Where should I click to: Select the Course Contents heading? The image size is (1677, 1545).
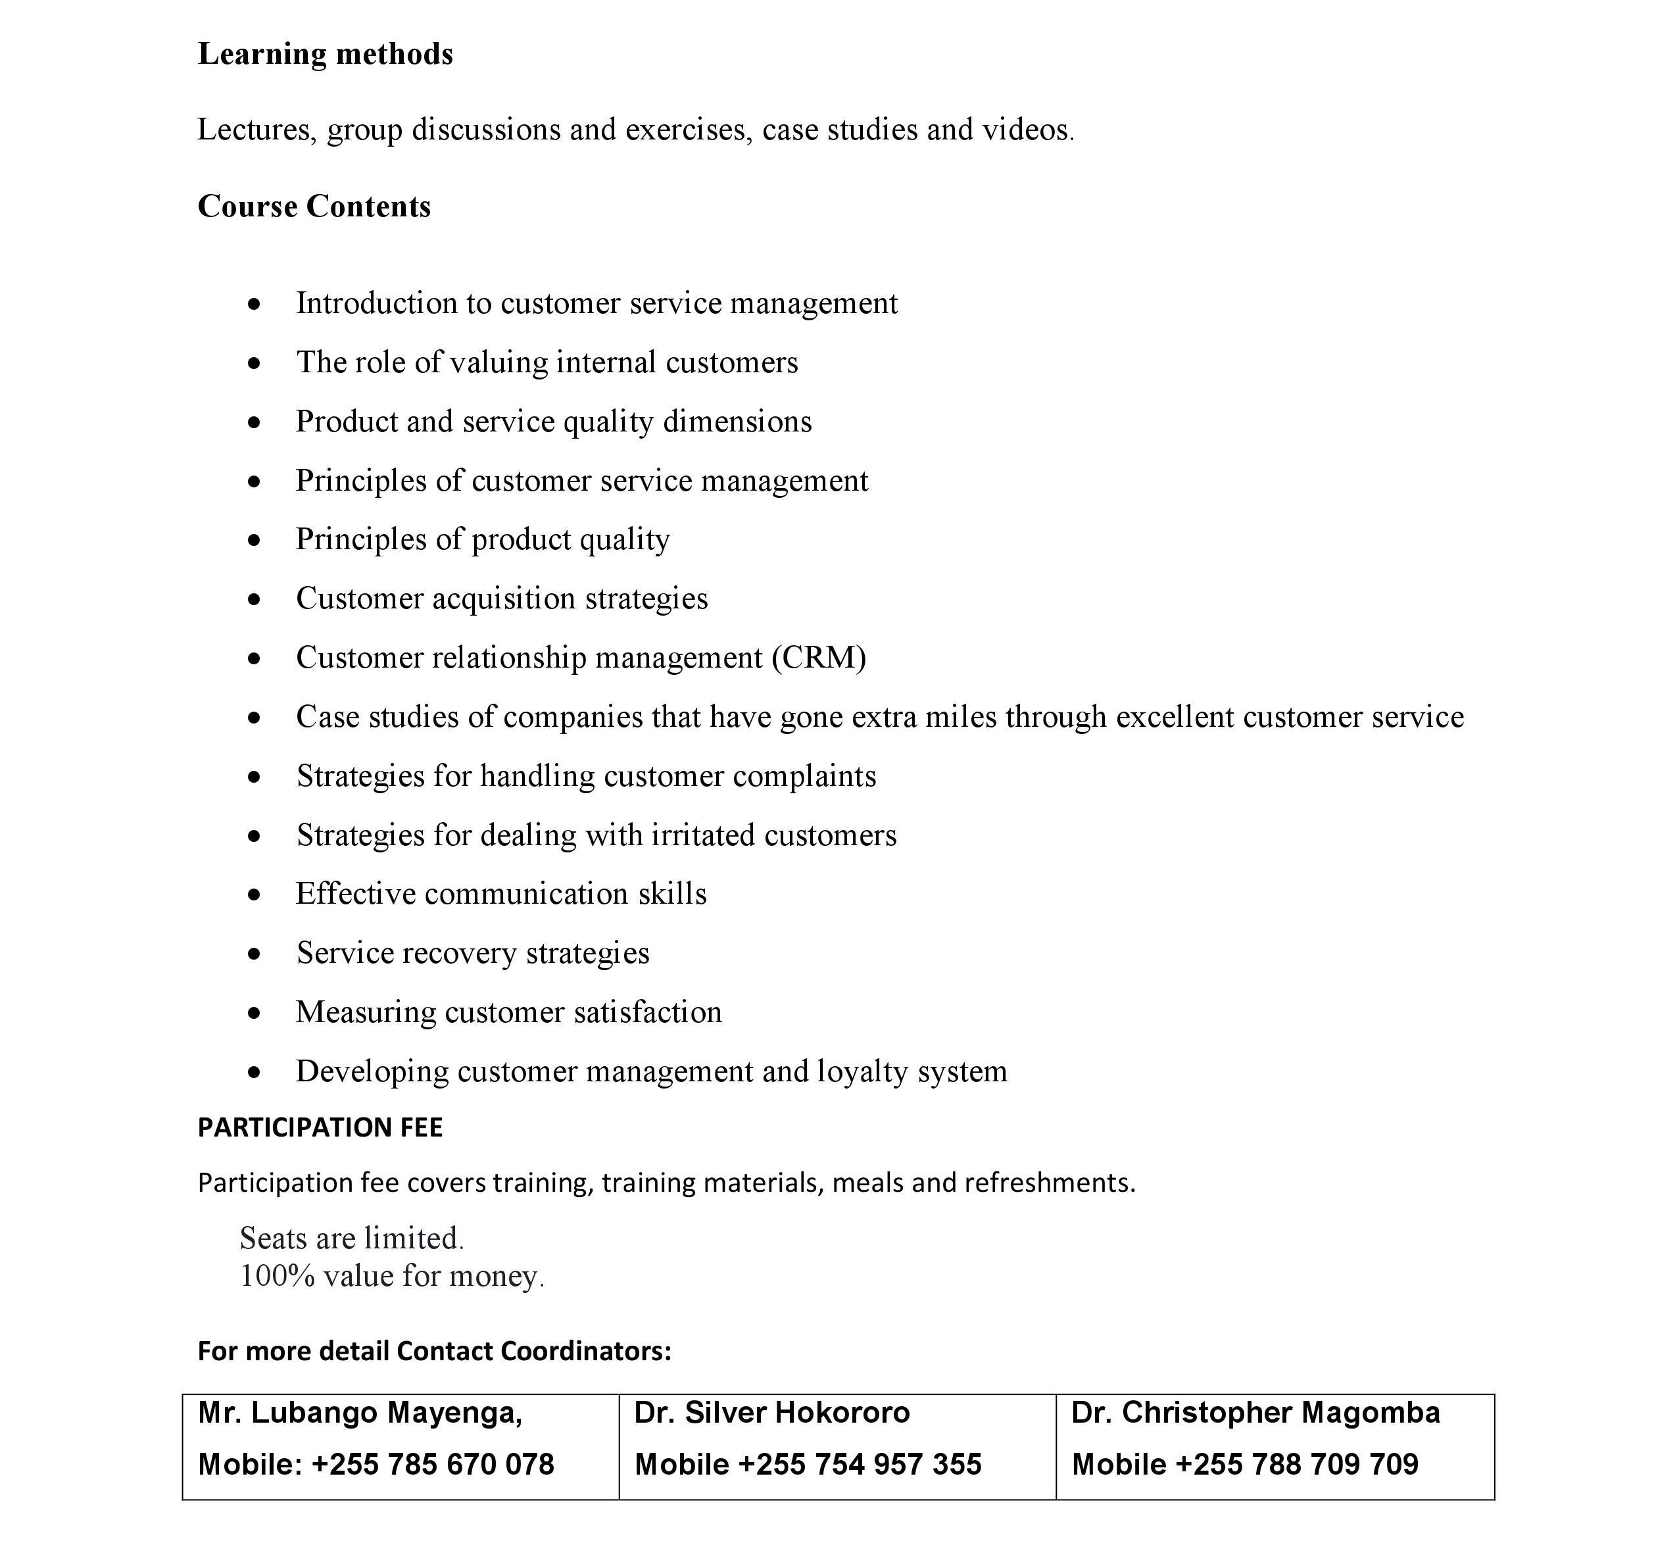(x=314, y=207)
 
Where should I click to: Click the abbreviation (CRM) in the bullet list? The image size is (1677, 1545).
(x=818, y=658)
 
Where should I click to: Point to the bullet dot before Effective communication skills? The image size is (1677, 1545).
(x=254, y=895)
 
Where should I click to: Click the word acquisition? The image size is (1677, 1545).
(x=504, y=599)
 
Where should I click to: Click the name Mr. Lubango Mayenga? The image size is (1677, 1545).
(x=360, y=1413)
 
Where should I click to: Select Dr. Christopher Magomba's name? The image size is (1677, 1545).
(x=1255, y=1413)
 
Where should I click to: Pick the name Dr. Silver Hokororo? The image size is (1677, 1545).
(x=771, y=1413)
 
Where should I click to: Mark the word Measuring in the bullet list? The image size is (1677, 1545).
(x=366, y=1012)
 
